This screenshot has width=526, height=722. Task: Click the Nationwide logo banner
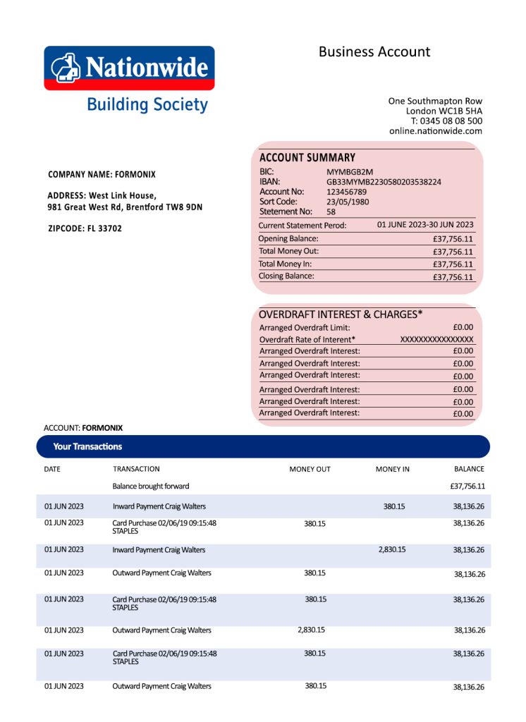tap(129, 68)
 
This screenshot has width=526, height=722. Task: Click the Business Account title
tap(374, 51)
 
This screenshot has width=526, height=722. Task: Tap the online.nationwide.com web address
tap(435, 130)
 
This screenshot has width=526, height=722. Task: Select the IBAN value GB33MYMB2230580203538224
tap(384, 182)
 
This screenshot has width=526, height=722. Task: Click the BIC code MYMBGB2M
tap(350, 172)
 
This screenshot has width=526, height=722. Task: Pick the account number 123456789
tap(346, 192)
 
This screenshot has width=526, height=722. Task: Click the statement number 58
tap(331, 212)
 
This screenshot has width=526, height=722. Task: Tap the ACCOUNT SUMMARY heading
tap(307, 158)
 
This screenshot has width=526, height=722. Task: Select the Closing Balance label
tap(286, 276)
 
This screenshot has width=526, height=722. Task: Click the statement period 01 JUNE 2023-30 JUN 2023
tap(425, 225)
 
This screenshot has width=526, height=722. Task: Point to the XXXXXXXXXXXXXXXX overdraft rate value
tap(436, 339)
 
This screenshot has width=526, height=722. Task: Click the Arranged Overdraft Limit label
tap(305, 328)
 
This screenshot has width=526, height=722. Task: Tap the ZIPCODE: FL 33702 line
tap(85, 228)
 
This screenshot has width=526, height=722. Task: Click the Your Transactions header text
tap(87, 446)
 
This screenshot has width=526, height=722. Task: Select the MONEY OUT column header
tap(310, 469)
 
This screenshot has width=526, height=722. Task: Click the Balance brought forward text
tap(151, 487)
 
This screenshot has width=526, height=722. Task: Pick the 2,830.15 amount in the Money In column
tap(392, 549)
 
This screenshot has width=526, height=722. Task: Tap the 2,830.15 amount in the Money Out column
tap(311, 630)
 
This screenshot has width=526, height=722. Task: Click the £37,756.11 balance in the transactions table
tap(467, 487)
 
